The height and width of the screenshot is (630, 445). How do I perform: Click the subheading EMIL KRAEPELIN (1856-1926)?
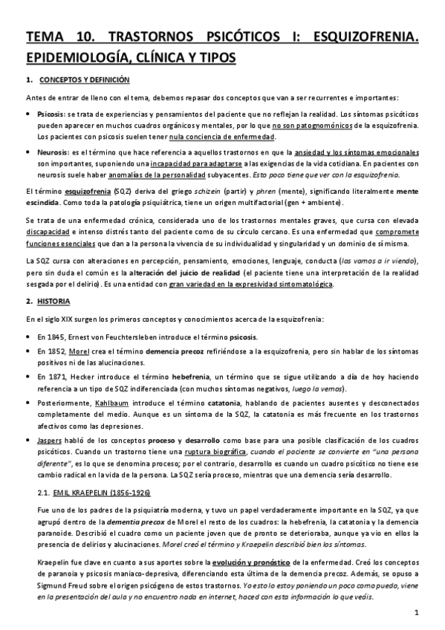coord(100,492)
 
